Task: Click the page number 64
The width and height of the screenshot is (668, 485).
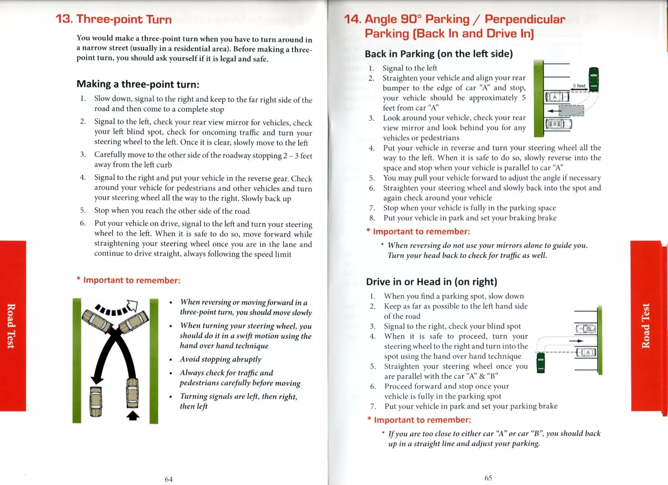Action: coord(169,479)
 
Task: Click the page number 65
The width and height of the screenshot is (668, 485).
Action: coord(488,478)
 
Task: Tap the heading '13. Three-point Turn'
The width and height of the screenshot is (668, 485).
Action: coord(114,19)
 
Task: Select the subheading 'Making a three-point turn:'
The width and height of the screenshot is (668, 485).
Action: coord(138,84)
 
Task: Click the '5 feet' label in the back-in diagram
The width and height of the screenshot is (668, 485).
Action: coord(579,86)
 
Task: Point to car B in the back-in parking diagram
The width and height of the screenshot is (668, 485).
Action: coord(558,124)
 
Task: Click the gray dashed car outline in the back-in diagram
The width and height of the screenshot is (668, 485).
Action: coord(571,111)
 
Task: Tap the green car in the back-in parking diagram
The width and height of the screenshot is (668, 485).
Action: coord(594,79)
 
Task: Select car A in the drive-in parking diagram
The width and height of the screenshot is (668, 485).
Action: coord(586,353)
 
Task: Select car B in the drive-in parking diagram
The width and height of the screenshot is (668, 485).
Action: coord(586,329)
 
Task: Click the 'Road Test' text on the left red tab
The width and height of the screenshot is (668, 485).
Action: coord(11,326)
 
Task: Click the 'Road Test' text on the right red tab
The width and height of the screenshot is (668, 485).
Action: coord(645,326)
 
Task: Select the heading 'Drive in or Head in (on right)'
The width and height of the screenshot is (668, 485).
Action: coord(431,281)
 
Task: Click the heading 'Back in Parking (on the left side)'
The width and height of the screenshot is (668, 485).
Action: coord(438,54)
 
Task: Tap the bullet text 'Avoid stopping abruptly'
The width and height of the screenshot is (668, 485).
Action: coord(220,359)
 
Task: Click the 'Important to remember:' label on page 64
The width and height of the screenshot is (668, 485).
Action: coord(131,280)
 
